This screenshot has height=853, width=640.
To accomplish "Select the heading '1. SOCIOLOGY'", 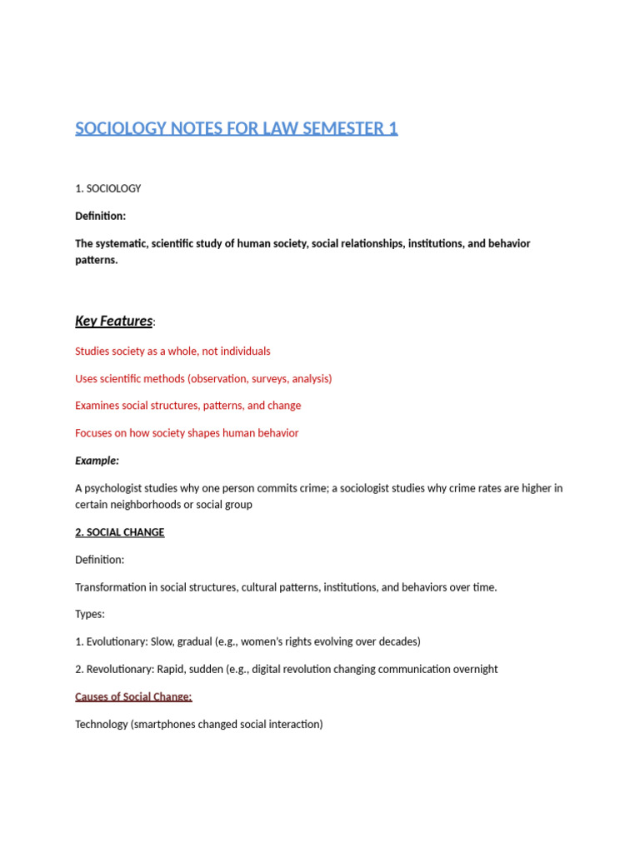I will click(108, 188).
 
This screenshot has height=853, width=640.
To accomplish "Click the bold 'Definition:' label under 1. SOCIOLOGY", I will click(101, 216).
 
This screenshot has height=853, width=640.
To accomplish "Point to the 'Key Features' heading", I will click(114, 321).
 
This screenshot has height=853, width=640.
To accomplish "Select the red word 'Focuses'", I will click(94, 433).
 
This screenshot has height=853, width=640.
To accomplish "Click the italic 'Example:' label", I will click(97, 461).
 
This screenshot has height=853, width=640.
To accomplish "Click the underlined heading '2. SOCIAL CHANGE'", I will click(120, 532).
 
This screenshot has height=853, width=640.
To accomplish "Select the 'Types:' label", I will click(90, 614).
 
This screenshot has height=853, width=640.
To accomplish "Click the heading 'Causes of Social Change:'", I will click(133, 696).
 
